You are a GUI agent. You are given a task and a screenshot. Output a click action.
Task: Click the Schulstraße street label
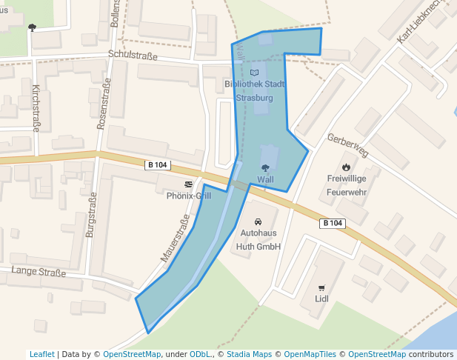[133, 55]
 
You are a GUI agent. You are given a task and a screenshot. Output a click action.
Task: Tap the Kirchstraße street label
[36, 108]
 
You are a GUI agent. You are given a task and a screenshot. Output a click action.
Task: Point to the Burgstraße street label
[91, 215]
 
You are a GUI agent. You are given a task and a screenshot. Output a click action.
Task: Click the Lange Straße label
[39, 272]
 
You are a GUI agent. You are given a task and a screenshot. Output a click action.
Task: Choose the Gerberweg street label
[347, 146]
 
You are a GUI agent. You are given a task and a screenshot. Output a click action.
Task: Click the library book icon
[255, 73]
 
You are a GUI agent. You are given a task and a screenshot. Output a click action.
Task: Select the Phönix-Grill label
[189, 196]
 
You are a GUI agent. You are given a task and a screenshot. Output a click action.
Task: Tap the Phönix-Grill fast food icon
[189, 184]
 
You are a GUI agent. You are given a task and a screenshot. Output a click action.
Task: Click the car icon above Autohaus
[258, 221]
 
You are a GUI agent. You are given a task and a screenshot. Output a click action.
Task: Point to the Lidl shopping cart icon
[321, 288]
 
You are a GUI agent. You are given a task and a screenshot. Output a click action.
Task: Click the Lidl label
[321, 299]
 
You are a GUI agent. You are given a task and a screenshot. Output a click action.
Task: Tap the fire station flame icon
[346, 166]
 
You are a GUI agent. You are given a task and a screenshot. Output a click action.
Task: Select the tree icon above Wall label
[265, 168]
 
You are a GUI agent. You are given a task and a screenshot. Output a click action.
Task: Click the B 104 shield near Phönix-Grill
[158, 164]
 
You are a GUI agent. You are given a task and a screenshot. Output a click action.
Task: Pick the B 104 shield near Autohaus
[333, 223]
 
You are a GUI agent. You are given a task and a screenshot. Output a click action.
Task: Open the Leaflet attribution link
[41, 354]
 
